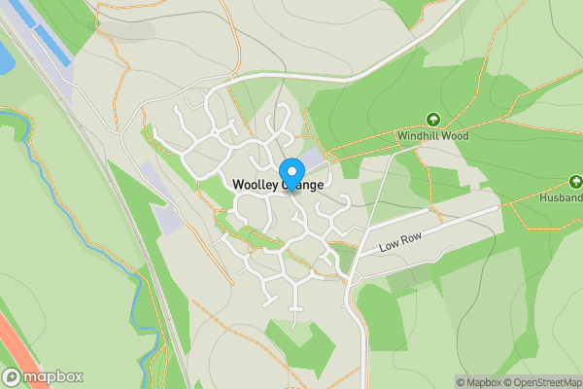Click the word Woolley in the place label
(255, 185)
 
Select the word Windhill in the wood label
(420, 136)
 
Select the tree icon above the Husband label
(575, 182)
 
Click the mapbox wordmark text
(54, 376)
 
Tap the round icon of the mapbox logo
(13, 376)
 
